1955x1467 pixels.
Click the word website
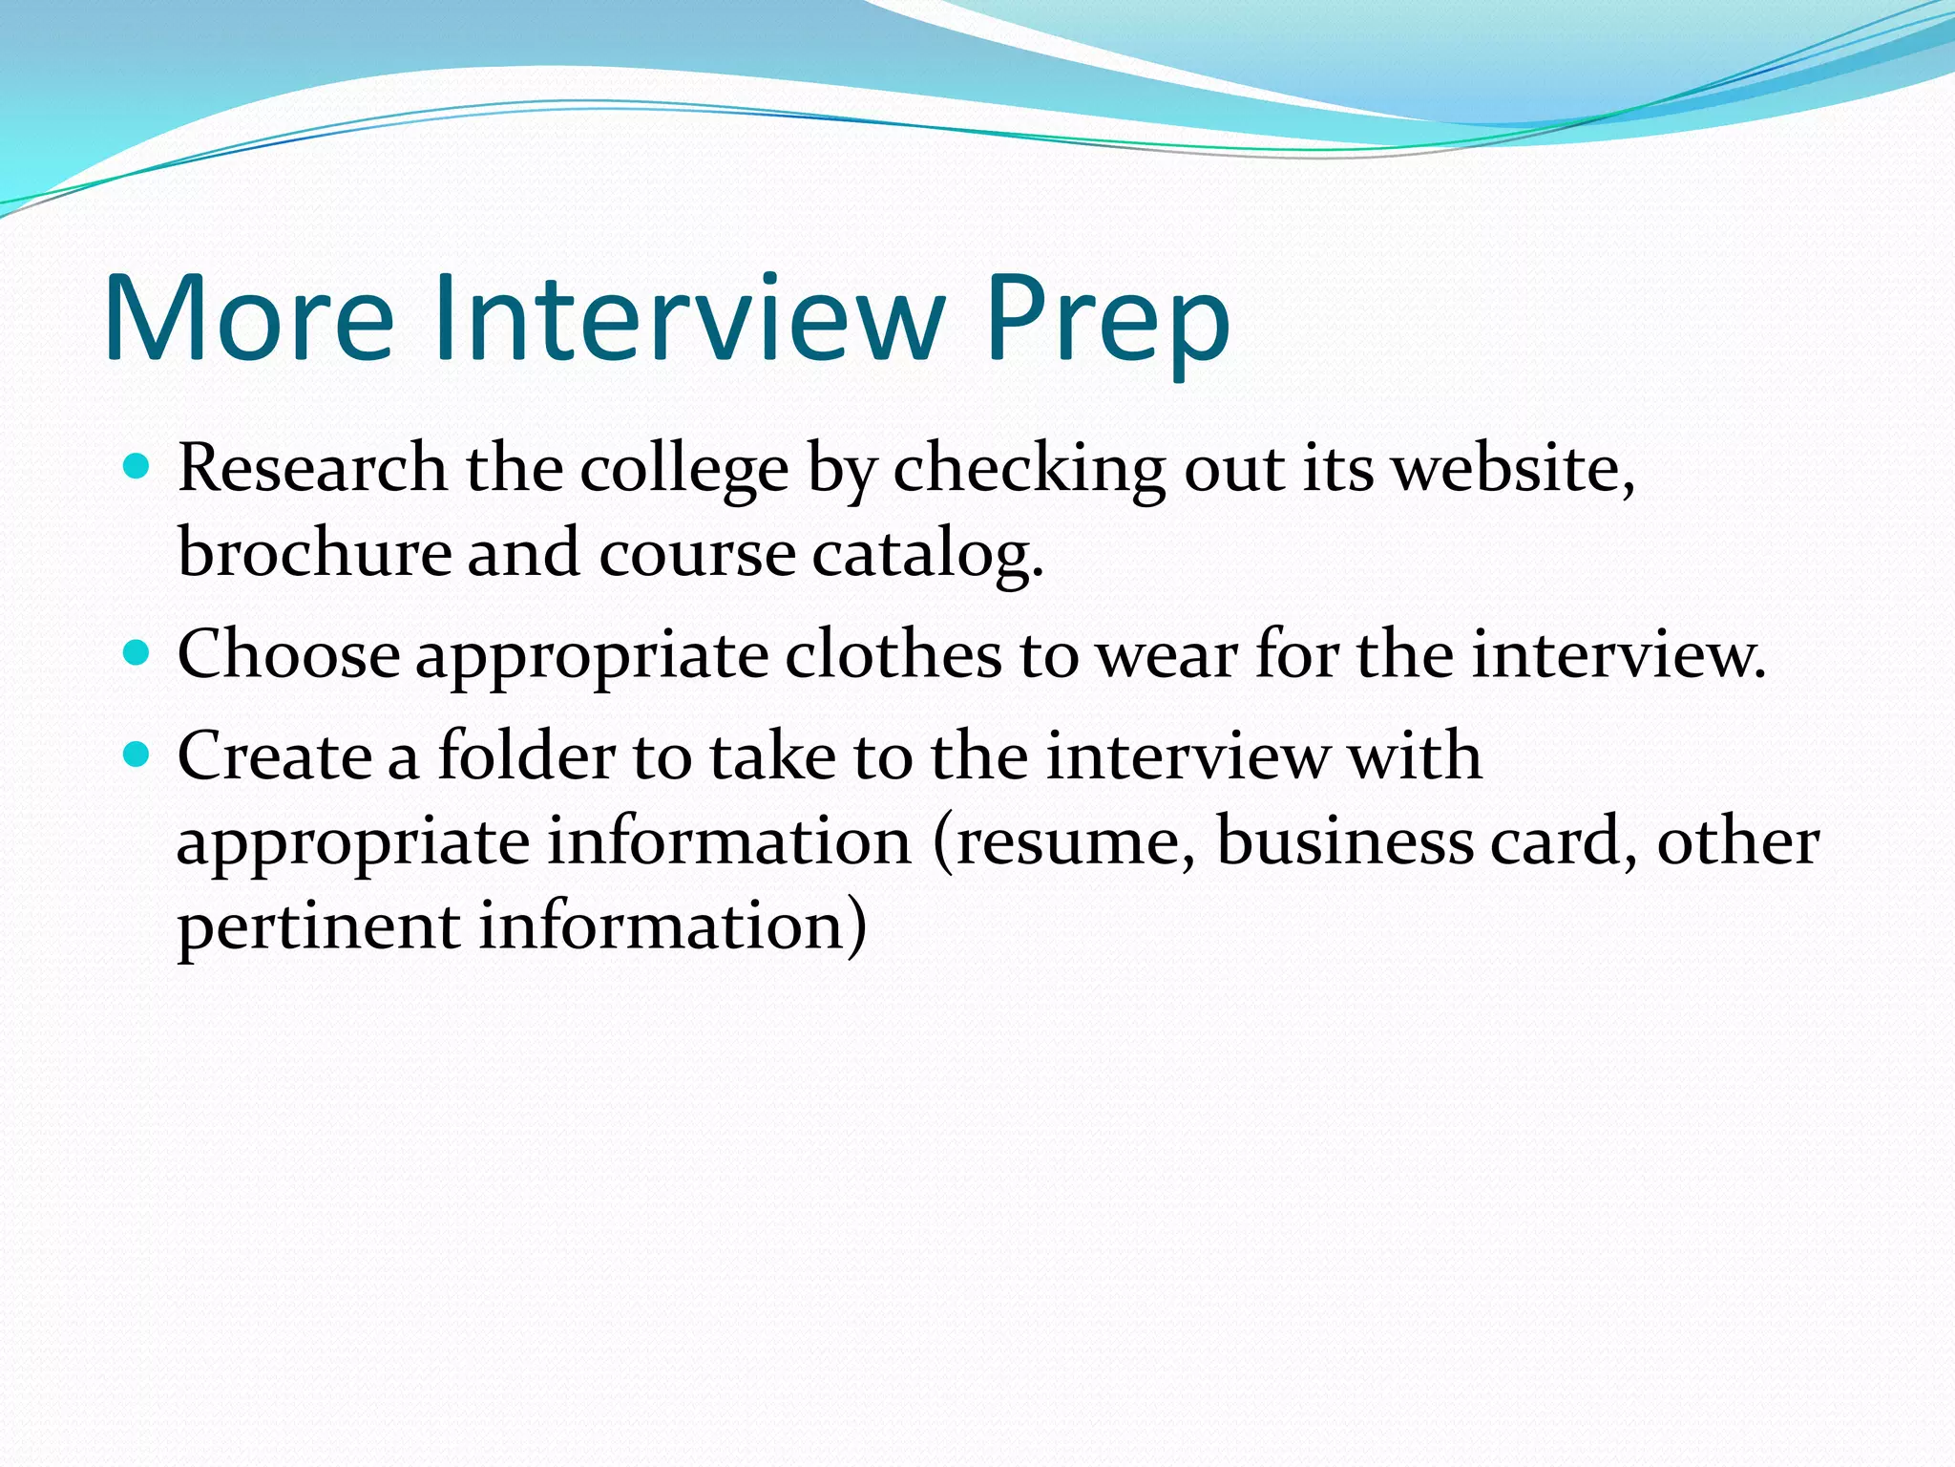pos(1510,470)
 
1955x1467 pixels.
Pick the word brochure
pos(314,553)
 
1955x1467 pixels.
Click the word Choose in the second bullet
pos(288,655)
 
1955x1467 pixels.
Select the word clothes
pos(893,655)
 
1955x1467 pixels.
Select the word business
pos(1345,842)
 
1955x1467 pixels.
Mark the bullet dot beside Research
pos(137,467)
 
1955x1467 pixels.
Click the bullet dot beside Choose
pos(137,653)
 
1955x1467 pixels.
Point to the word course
pos(697,554)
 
